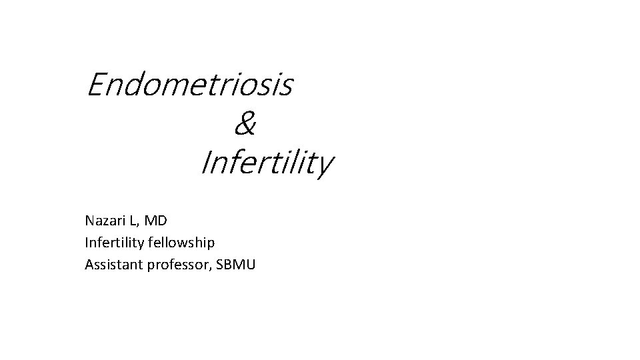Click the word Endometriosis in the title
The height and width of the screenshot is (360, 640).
[189, 85]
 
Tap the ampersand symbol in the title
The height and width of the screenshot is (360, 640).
[245, 124]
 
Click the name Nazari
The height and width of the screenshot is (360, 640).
[103, 219]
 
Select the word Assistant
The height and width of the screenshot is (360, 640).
[110, 264]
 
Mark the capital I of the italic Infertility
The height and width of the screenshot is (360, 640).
[205, 163]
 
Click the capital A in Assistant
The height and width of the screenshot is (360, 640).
[89, 264]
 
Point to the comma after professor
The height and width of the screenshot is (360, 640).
[213, 268]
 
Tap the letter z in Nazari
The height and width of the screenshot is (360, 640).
[105, 221]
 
